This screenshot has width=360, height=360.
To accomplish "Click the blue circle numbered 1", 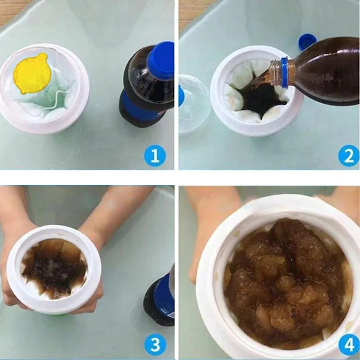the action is pyautogui.click(x=155, y=156).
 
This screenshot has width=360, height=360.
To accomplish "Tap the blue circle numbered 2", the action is pyautogui.click(x=349, y=156).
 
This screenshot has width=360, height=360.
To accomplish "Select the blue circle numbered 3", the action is pyautogui.click(x=155, y=344).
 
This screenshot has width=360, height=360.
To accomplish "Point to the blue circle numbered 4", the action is pyautogui.click(x=349, y=344).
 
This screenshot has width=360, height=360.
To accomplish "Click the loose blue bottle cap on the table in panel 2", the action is pyautogui.click(x=307, y=42).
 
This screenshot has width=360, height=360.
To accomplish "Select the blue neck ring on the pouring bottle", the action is pyautogui.click(x=285, y=73).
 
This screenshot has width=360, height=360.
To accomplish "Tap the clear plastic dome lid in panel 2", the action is pyautogui.click(x=193, y=104).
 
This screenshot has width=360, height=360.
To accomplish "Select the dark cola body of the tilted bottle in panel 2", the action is pyautogui.click(x=326, y=71).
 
